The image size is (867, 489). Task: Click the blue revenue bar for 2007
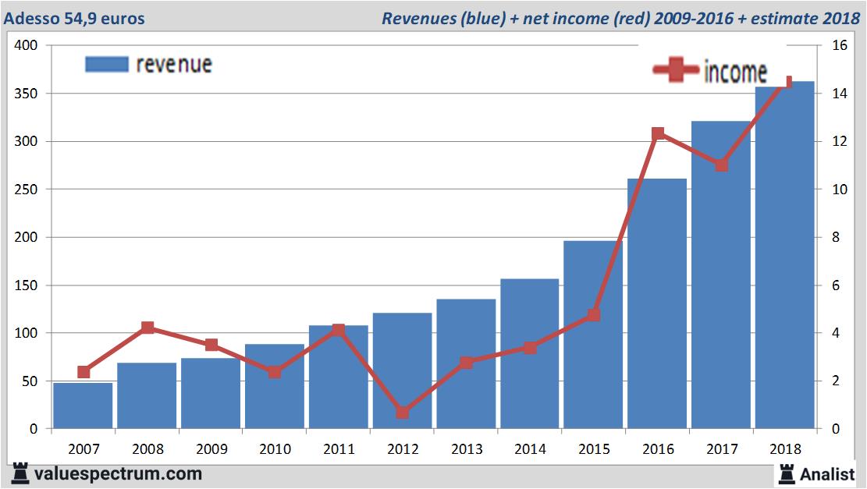(83, 405)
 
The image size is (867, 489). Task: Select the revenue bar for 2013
(466, 363)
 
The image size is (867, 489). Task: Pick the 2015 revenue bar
(593, 335)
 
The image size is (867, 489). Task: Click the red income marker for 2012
(402, 412)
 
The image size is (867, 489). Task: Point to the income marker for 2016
(658, 134)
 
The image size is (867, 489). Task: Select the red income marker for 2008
(147, 328)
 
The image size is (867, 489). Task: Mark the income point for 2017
(722, 165)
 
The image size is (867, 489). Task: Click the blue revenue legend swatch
(106, 64)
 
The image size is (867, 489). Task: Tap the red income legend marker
(675, 71)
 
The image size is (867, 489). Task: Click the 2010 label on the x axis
(275, 450)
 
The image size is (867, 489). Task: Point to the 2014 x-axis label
(530, 450)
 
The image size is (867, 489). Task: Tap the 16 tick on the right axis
(840, 45)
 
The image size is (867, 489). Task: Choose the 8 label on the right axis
(836, 237)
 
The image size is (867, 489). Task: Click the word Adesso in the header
(28, 18)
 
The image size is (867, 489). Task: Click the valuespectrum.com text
(118, 473)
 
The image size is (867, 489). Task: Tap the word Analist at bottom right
(828, 473)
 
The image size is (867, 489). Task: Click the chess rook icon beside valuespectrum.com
(20, 473)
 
